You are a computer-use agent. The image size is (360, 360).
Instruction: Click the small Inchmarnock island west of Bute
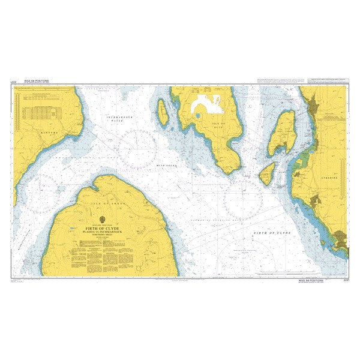point(163,112)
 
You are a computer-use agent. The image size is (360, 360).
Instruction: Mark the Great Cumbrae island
point(281,133)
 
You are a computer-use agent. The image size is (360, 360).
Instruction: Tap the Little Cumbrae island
point(266,174)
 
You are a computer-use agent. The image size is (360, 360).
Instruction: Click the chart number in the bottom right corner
point(344,280)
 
